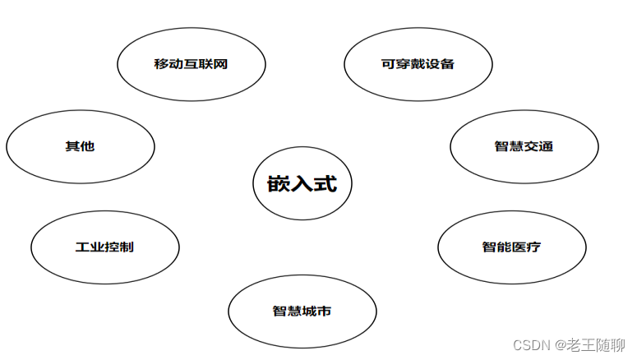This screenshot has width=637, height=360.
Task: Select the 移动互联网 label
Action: click(191, 64)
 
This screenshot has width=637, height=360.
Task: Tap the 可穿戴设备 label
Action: click(418, 64)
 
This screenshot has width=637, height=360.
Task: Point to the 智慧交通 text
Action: click(524, 146)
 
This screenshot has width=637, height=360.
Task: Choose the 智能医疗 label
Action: click(511, 247)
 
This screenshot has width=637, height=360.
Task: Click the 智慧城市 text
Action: click(302, 312)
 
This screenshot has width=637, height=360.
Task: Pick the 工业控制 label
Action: click(104, 247)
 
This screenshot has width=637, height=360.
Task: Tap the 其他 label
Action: click(80, 146)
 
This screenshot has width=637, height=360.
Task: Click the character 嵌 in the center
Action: click(279, 184)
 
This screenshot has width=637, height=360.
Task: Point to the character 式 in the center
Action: click(325, 184)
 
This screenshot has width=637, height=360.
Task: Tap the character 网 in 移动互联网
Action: click(219, 64)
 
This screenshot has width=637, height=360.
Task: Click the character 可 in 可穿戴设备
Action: click(389, 64)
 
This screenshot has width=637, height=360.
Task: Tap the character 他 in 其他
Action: click(88, 146)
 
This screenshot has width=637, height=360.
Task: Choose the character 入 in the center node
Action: click(302, 184)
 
